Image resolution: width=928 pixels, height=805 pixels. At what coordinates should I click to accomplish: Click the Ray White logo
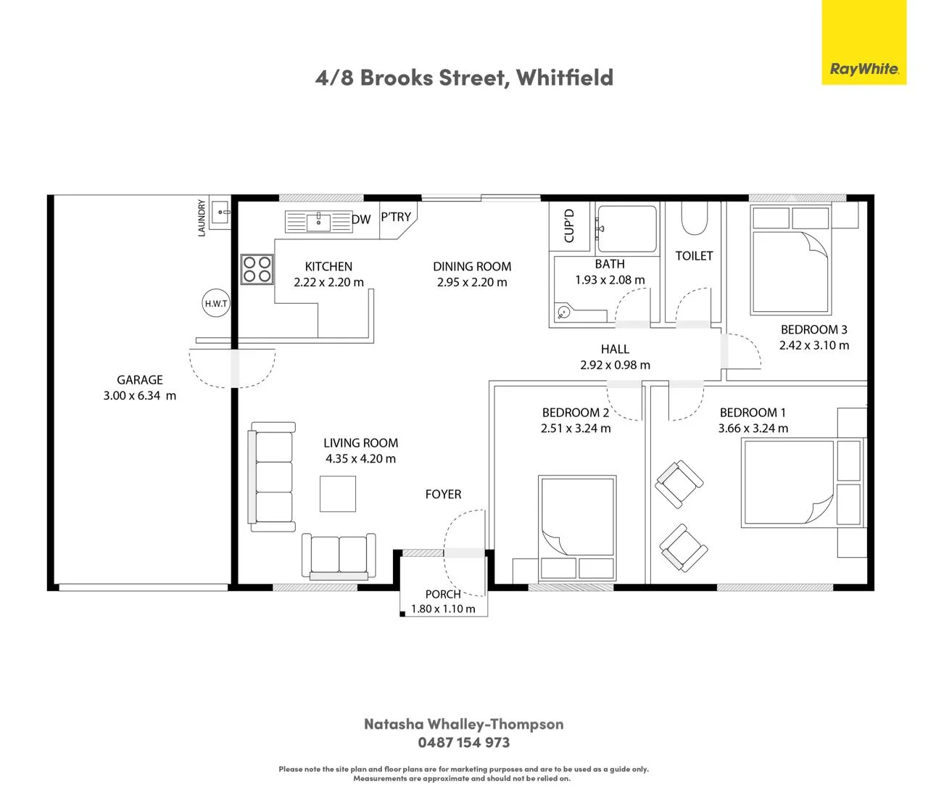tap(863, 42)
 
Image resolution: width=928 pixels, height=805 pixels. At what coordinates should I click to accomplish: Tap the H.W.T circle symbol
tap(216, 303)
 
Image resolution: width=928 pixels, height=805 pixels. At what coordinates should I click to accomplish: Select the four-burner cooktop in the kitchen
tap(257, 269)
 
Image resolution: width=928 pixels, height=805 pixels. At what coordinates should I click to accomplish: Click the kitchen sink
tap(318, 222)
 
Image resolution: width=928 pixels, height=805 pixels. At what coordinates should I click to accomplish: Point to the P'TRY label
tap(396, 217)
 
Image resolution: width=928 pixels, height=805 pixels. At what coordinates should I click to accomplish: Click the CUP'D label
tap(569, 226)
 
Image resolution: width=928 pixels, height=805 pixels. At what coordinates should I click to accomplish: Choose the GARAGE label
tap(140, 380)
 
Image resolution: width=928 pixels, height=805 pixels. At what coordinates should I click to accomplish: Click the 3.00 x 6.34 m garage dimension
tap(140, 396)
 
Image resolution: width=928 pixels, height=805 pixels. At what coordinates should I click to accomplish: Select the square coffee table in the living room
tap(338, 494)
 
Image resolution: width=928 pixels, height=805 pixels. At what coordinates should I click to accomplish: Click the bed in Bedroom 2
tap(577, 527)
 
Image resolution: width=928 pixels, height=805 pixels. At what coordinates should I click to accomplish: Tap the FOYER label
tap(443, 494)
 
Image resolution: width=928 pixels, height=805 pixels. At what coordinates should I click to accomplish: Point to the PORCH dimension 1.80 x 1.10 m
tap(443, 608)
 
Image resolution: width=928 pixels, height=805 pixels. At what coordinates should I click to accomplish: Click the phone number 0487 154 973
tap(464, 743)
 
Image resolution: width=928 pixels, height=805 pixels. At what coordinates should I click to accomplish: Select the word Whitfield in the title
tap(564, 78)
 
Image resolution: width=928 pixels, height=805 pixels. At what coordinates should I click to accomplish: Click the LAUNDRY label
tap(201, 218)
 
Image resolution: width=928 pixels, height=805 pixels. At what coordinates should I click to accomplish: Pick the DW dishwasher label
tap(362, 219)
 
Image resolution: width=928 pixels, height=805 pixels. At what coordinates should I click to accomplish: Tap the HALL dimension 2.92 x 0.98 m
tap(615, 365)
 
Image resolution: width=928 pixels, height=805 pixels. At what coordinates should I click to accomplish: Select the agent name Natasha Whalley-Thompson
tap(464, 724)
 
